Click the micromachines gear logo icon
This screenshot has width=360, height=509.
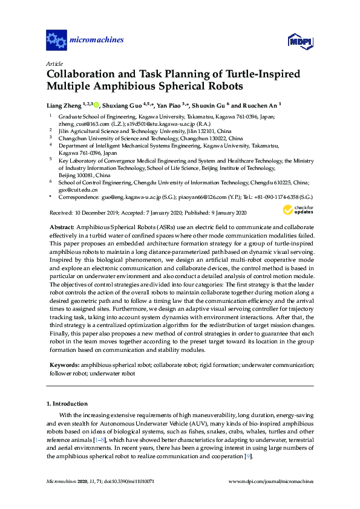pyautogui.click(x=56, y=41)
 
